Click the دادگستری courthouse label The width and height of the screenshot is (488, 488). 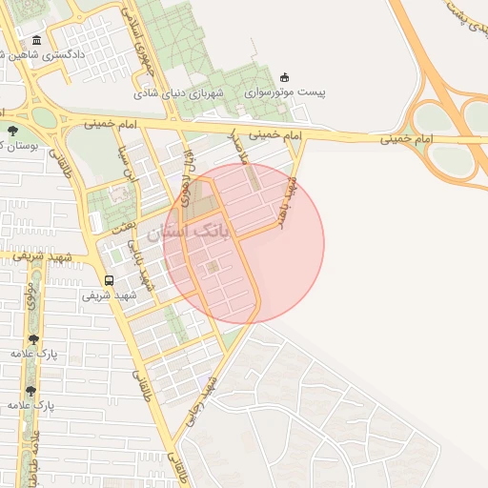[67, 55]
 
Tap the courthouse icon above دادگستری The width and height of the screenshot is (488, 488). [36, 40]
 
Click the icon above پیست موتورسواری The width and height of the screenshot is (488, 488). [283, 77]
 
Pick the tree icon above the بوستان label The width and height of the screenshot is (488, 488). [11, 131]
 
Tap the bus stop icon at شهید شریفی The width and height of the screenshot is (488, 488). [109, 280]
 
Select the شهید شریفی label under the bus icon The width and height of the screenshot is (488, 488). [109, 295]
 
